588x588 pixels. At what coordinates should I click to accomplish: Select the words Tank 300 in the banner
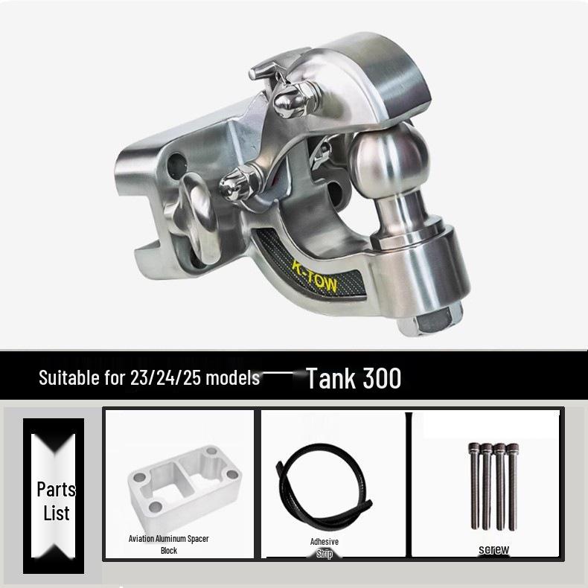(354, 378)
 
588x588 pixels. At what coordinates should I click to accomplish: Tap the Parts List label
(57, 501)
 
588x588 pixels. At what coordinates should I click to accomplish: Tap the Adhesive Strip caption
(325, 547)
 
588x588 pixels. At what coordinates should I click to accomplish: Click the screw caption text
(493, 549)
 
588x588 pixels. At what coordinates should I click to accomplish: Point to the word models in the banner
(233, 377)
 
